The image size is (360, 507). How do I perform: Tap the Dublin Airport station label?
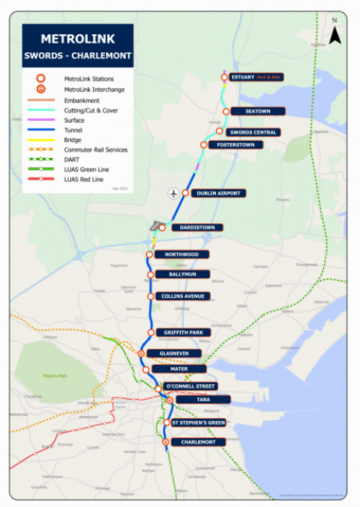click(x=218, y=193)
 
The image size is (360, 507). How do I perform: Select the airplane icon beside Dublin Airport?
click(x=174, y=193)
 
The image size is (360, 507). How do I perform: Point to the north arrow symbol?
click(x=335, y=33)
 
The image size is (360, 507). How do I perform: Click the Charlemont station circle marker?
click(x=166, y=442)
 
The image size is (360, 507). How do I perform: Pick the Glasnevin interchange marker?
click(x=141, y=353)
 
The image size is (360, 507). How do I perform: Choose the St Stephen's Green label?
click(x=198, y=423)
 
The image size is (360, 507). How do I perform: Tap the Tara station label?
click(x=203, y=399)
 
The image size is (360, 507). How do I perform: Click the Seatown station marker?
click(x=226, y=111)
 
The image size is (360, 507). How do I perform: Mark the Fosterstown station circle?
click(x=204, y=145)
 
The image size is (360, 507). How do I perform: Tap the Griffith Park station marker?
click(x=151, y=332)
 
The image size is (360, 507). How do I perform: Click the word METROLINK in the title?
click(x=78, y=40)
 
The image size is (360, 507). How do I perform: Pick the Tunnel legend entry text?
click(x=73, y=130)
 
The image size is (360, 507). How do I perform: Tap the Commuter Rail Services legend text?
click(x=95, y=150)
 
